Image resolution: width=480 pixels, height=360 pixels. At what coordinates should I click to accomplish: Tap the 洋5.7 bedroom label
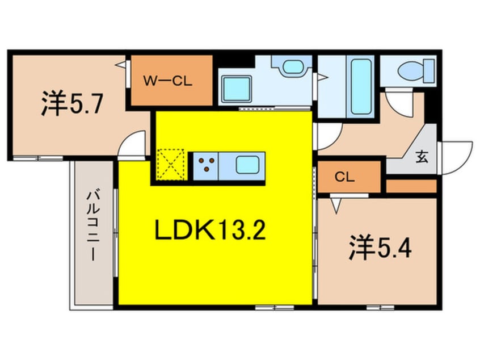click(71, 105)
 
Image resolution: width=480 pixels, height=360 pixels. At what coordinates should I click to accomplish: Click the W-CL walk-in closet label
click(171, 81)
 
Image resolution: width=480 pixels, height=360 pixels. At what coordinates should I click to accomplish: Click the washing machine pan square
click(235, 89)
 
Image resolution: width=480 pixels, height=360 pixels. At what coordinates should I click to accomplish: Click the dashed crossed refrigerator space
click(171, 165)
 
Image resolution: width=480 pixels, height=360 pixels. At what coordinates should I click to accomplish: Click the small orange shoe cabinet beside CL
click(411, 186)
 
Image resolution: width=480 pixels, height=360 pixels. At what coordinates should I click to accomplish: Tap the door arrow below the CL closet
click(336, 204)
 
